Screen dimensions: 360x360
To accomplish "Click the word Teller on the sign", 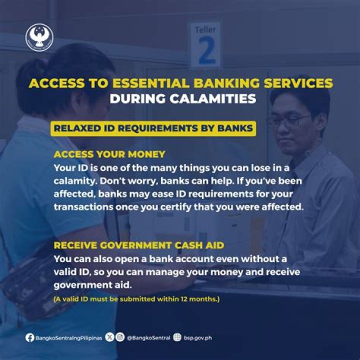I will (x=205, y=29).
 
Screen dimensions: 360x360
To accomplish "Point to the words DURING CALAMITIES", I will (x=182, y=98).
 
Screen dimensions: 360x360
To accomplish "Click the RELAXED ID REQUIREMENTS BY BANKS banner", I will (x=153, y=127).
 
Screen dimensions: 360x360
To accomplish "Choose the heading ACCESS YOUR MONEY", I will (x=109, y=154).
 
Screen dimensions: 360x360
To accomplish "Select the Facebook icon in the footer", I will (x=30, y=337).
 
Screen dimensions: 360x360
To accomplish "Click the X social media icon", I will (x=110, y=337).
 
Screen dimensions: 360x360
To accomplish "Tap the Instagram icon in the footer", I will (x=120, y=337).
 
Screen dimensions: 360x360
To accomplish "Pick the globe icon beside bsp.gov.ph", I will (x=176, y=337).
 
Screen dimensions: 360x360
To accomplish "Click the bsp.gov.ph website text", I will (x=197, y=338).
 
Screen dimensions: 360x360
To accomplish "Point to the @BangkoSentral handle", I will (x=147, y=338).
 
